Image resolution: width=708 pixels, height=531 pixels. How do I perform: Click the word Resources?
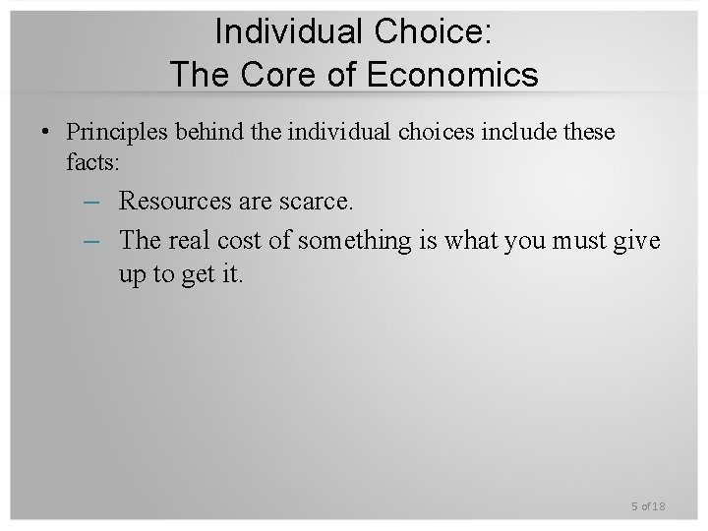click(173, 202)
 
